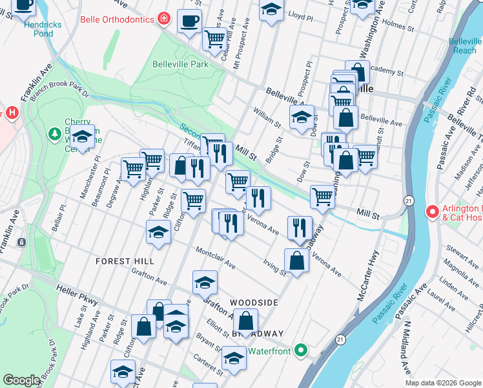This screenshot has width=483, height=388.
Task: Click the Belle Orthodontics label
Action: click(x=117, y=19)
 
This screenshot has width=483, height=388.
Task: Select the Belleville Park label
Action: click(x=181, y=64)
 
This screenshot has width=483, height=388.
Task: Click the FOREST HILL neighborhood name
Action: click(x=125, y=261)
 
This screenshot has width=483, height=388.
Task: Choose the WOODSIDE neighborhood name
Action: click(x=254, y=303)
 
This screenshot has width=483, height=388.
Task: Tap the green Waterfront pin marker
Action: click(x=300, y=350)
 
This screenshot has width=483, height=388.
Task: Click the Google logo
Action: click(x=21, y=380)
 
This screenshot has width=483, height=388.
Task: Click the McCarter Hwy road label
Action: click(x=367, y=269)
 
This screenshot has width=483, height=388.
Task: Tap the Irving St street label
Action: click(x=274, y=267)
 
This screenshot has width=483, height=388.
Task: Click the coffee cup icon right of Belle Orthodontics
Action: click(x=189, y=21)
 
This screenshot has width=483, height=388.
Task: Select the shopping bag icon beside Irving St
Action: click(x=296, y=261)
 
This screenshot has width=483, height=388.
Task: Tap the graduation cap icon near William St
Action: click(x=302, y=118)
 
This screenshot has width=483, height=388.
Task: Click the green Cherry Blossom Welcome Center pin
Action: click(x=55, y=134)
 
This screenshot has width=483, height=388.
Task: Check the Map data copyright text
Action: click(x=442, y=383)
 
